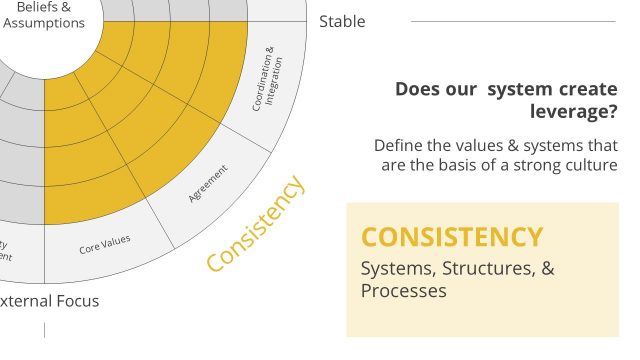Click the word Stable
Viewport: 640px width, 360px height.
tap(342, 21)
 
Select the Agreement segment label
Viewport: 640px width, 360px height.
tap(209, 184)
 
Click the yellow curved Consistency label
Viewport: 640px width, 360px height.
tap(255, 223)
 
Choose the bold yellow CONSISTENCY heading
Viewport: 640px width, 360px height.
tap(452, 237)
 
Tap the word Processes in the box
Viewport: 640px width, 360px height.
tap(403, 291)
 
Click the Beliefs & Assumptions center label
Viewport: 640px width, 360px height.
tap(43, 15)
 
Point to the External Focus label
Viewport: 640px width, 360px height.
tap(50, 300)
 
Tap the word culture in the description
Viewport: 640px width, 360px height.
tap(590, 165)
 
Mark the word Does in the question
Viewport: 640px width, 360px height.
tap(418, 89)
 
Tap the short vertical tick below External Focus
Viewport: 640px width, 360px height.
tap(44, 329)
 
